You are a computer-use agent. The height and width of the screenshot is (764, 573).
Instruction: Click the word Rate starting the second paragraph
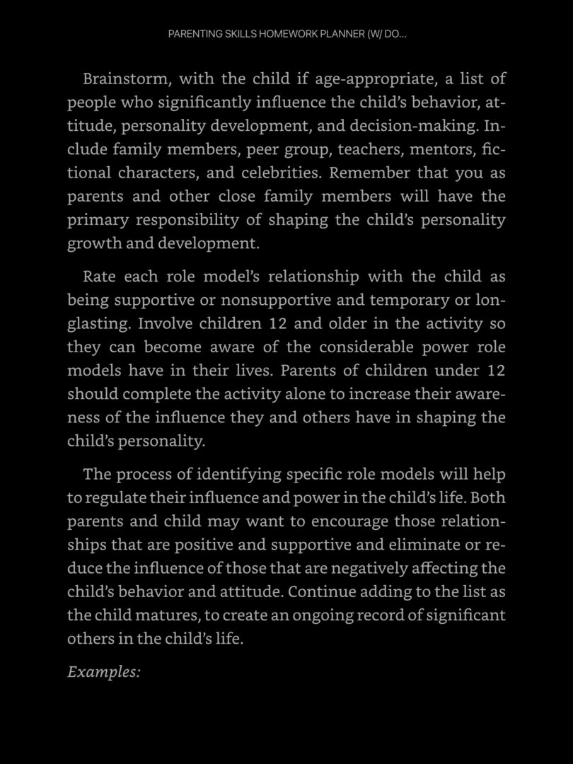click(98, 277)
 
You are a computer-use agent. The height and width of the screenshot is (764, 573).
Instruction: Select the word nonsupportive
click(275, 300)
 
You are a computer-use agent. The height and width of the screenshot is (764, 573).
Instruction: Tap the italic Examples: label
click(104, 672)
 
